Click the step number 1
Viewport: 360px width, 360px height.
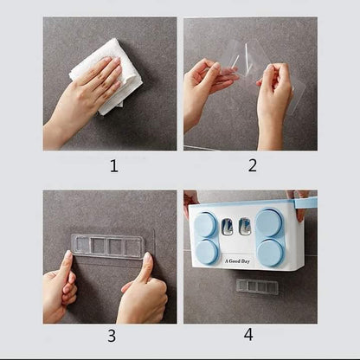(x=113, y=165)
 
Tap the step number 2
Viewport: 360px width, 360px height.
(x=253, y=165)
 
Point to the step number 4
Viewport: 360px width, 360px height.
(x=249, y=336)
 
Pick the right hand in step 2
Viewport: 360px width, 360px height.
(x=275, y=97)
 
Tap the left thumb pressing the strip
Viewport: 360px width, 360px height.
(x=67, y=264)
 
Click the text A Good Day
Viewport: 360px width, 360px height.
(x=237, y=260)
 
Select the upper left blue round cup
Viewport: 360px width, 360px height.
(x=206, y=225)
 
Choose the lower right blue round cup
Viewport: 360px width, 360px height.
(x=268, y=252)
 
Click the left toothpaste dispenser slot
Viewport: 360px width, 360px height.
(x=227, y=228)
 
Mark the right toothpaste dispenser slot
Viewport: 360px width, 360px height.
(x=247, y=228)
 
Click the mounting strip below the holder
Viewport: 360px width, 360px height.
(x=257, y=286)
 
